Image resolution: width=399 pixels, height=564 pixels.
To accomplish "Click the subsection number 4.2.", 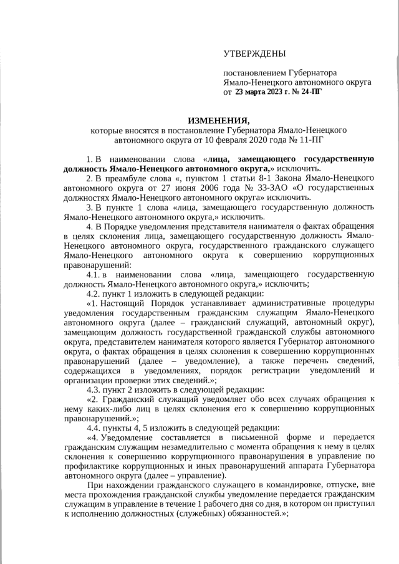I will (x=94, y=293).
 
